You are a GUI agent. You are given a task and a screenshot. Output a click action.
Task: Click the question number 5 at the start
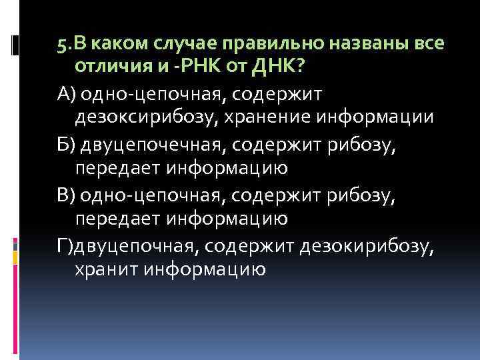point(61,44)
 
